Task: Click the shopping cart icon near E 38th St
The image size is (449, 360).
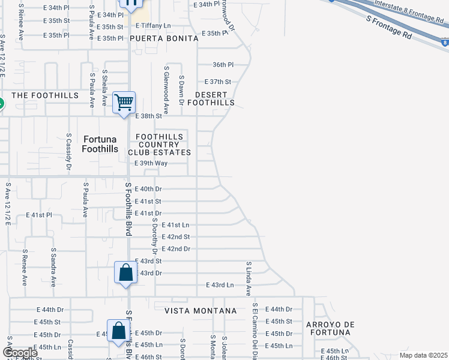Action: click(124, 103)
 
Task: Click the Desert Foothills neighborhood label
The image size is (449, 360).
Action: click(211, 99)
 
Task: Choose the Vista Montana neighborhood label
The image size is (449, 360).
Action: click(200, 311)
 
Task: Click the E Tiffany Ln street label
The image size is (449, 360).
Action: click(153, 26)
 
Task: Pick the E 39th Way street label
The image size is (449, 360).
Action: click(151, 163)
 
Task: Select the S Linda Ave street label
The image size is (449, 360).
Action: click(248, 278)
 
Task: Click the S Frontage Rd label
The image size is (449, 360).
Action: click(389, 28)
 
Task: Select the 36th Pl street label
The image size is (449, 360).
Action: click(222, 65)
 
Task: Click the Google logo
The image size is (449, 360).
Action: click(19, 353)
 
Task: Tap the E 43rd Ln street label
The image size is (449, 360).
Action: click(220, 285)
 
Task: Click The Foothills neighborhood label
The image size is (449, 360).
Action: click(45, 95)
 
